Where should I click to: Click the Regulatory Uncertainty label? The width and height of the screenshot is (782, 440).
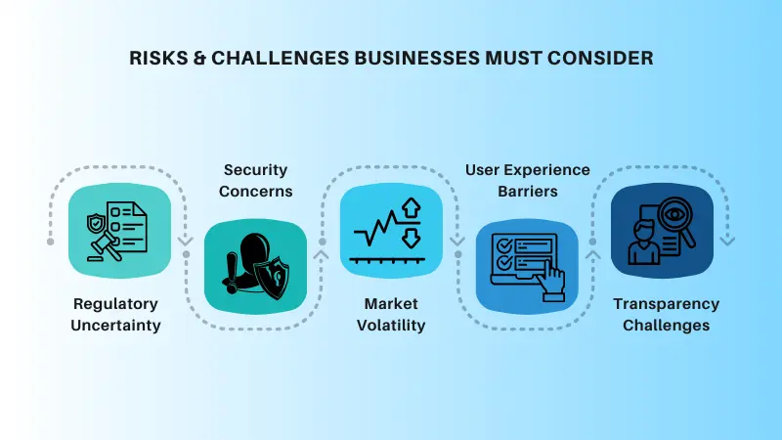115,314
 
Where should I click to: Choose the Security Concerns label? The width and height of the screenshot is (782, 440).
255,180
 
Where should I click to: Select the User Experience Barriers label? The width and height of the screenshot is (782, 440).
527,180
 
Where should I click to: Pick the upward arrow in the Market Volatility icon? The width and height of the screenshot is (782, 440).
411,208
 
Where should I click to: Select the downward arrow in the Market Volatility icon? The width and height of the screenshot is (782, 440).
411,238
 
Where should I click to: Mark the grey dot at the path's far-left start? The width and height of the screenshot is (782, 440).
51,241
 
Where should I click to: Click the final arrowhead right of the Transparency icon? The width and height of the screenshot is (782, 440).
728,241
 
